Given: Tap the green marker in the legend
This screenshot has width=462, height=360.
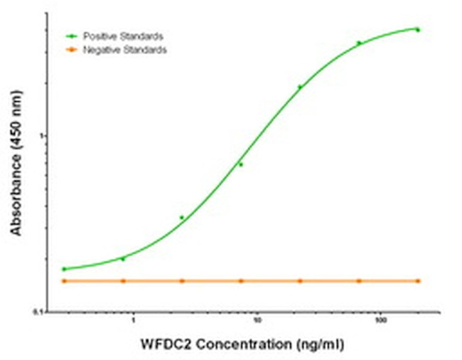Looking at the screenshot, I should pos(70,35).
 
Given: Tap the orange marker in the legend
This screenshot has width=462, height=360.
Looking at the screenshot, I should pos(70,50).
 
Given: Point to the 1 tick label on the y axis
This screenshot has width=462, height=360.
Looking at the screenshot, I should pos(44,135).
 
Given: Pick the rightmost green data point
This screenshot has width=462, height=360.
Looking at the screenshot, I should pos(418,30).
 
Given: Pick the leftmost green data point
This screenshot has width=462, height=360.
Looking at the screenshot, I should pos(64,269).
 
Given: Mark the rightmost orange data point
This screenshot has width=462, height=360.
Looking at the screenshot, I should pos(418,281).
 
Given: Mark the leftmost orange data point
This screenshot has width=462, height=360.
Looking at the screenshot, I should pos(64,281).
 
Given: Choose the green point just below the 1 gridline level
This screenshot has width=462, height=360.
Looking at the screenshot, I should pos(241,164).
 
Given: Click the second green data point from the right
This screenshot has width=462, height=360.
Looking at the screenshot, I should pos(359,43).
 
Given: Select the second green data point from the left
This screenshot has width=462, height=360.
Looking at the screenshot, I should pos(123,258).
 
